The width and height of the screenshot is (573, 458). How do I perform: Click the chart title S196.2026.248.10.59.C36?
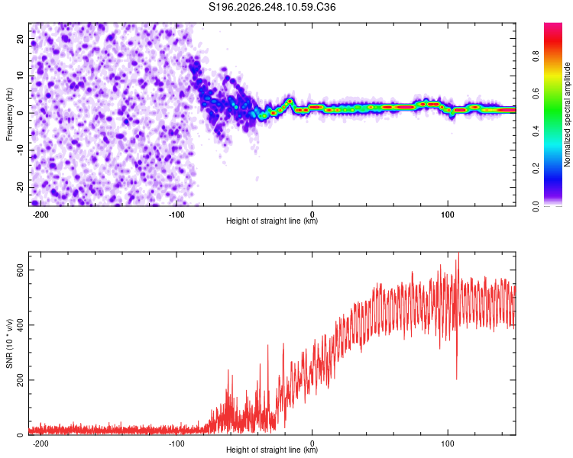point(272,7)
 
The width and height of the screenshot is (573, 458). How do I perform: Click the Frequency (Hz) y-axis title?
point(9,114)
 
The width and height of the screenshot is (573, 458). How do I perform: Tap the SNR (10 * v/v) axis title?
point(9,343)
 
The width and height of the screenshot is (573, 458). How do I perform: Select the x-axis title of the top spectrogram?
point(272,221)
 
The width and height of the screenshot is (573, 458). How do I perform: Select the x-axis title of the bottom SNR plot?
point(272,450)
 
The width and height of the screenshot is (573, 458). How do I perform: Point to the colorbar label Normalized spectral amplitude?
point(567,114)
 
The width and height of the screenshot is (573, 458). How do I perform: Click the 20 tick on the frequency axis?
point(21,38)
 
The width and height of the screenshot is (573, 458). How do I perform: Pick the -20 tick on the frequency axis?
point(21,187)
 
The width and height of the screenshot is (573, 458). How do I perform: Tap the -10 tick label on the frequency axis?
point(21,150)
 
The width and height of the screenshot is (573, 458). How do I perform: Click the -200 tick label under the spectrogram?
point(40,214)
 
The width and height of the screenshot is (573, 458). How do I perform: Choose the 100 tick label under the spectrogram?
point(448,214)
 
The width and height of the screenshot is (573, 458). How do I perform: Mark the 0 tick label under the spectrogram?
point(312,214)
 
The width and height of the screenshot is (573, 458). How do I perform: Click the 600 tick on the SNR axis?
point(21,270)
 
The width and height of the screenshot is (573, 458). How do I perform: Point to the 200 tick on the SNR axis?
point(21,380)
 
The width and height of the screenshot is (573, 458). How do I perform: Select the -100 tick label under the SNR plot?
point(176,443)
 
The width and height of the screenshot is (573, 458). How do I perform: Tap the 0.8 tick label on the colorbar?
point(536,56)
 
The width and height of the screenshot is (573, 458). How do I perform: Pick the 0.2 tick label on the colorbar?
point(536,169)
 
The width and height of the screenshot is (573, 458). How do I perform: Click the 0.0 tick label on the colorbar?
point(536,206)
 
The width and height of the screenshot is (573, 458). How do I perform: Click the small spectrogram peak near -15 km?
point(290,101)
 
